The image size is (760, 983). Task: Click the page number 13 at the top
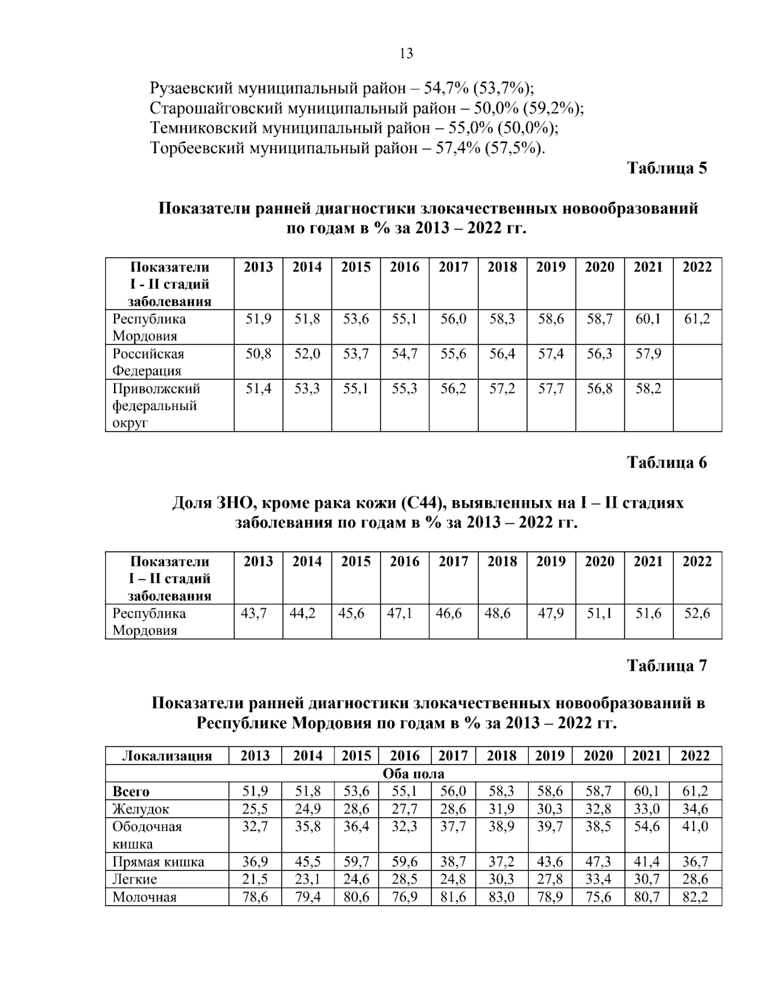tap(406, 54)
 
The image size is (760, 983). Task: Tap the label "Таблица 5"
tap(666, 168)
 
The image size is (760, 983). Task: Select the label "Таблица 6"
tap(666, 463)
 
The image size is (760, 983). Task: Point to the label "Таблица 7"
tap(666, 666)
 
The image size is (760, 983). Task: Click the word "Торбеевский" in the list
tap(196, 149)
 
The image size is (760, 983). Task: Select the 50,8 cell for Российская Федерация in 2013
tap(258, 354)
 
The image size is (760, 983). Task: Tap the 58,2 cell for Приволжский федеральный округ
tap(648, 389)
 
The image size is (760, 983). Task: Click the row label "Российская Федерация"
tap(148, 362)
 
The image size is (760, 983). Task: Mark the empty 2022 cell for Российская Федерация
tap(697, 362)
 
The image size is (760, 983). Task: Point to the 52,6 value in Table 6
tap(697, 613)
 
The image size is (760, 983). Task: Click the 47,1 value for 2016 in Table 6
tap(400, 613)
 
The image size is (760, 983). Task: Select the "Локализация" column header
tap(167, 756)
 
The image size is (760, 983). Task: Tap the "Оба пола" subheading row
tap(414, 773)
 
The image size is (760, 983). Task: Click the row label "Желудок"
tap(141, 809)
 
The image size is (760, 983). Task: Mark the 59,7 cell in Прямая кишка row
tap(356, 861)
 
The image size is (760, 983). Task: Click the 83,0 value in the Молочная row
tap(502, 897)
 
